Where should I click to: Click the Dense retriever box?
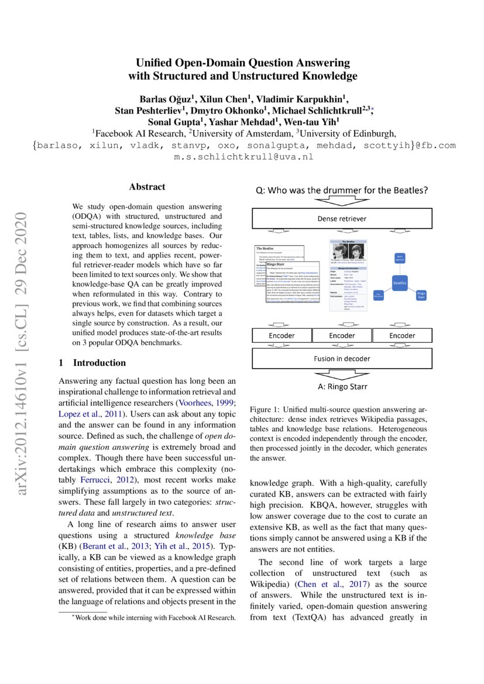(x=342, y=219)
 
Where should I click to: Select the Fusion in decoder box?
(x=342, y=358)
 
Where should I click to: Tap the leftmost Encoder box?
(x=282, y=335)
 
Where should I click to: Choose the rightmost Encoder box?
(x=402, y=335)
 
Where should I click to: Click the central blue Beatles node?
(x=400, y=283)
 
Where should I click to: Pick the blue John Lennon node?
(x=400, y=257)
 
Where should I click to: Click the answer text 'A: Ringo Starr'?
(x=342, y=387)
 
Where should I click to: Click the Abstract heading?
(x=147, y=187)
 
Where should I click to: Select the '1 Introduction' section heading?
(x=92, y=363)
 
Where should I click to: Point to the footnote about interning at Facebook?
(x=153, y=617)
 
